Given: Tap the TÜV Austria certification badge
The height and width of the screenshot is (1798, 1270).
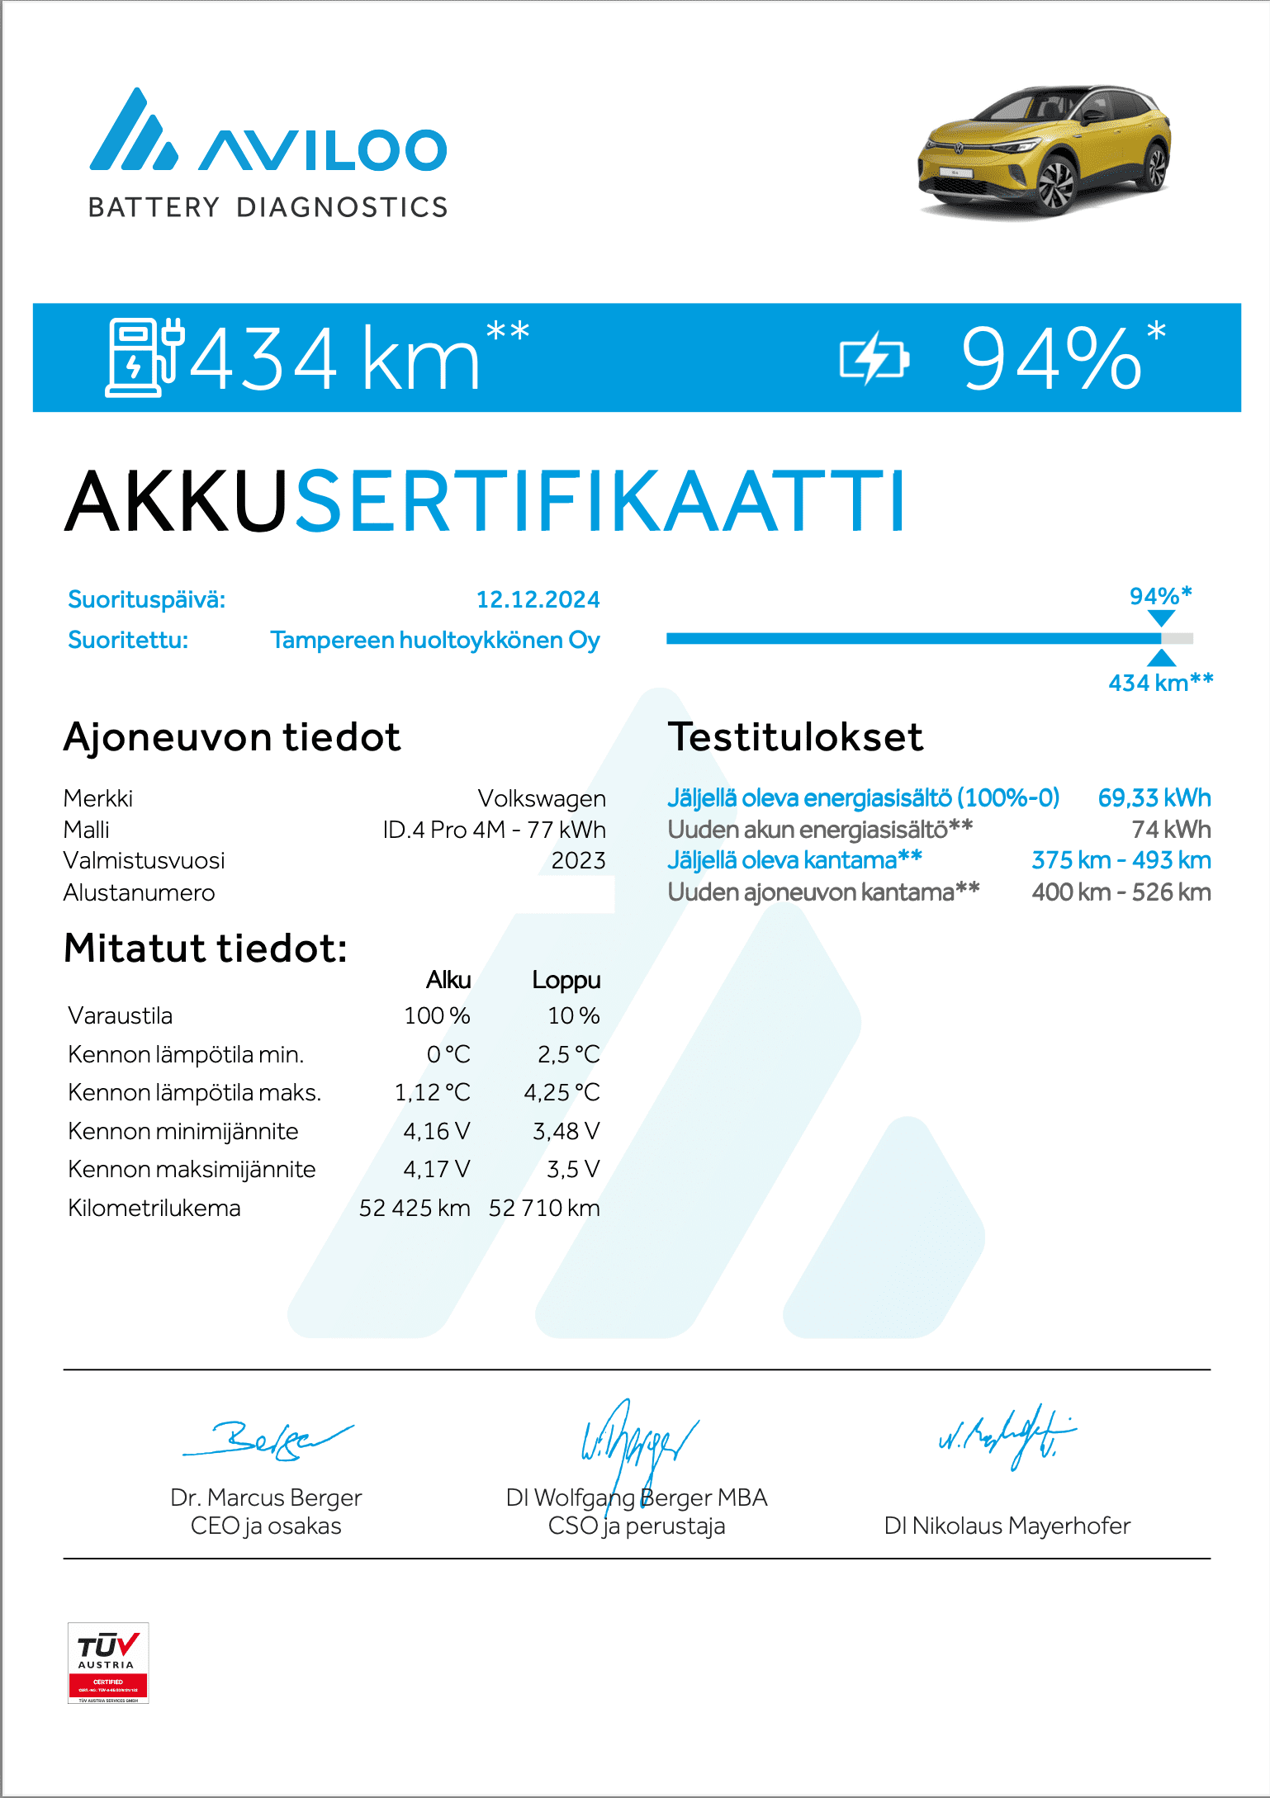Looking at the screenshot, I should (108, 1663).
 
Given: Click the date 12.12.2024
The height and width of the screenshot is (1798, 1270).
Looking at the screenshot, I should (538, 599).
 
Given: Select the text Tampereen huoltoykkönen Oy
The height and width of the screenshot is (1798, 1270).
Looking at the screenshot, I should (435, 640).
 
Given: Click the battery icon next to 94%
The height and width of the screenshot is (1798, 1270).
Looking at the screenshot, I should (874, 360).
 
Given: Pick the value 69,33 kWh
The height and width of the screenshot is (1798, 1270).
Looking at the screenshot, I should (1154, 797).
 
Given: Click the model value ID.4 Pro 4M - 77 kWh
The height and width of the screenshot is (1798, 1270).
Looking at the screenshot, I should (494, 829).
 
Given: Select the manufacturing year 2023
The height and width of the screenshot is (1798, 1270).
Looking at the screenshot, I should (578, 860).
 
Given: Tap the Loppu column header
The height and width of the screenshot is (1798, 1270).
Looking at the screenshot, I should (566, 980).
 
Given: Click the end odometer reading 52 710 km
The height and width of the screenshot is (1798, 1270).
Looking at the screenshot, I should (544, 1208).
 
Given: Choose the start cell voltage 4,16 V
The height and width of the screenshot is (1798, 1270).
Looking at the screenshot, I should (436, 1131).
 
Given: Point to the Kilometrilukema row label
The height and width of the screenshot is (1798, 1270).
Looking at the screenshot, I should (154, 1208).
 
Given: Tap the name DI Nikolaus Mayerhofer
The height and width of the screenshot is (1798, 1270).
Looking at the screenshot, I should (1007, 1526).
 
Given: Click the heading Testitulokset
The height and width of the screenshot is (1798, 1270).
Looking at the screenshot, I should (795, 737).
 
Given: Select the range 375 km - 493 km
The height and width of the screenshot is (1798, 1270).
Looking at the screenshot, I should (1121, 860).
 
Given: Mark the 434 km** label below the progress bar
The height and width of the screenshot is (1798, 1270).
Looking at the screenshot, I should (1160, 683).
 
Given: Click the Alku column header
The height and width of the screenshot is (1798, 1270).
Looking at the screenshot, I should (448, 980).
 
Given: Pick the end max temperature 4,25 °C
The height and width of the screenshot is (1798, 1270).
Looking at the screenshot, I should (562, 1092).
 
